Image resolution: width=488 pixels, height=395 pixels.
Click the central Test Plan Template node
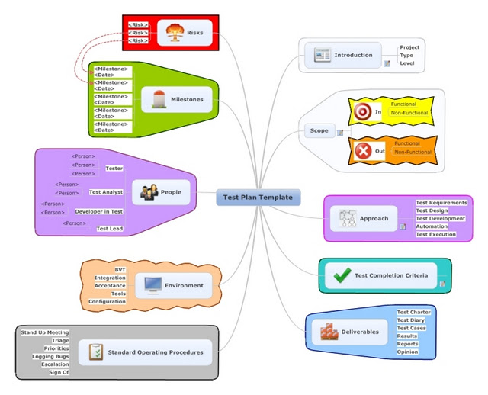[x=258, y=197]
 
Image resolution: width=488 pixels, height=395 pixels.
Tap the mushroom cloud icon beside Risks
[x=175, y=33]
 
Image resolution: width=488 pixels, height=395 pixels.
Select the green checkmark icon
[x=342, y=275]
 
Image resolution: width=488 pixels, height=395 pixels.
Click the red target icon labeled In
[x=362, y=112]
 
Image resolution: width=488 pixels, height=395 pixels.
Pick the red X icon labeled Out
[x=362, y=151]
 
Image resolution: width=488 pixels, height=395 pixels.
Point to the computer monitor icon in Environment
[x=152, y=286]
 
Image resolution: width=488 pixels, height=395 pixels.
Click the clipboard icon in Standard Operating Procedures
[x=95, y=352]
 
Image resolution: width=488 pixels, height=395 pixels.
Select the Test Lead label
[x=109, y=229]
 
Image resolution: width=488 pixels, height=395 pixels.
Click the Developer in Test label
[x=99, y=211]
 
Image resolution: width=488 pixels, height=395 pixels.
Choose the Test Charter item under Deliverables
[x=413, y=312]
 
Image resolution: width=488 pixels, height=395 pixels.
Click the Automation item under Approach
[x=432, y=226]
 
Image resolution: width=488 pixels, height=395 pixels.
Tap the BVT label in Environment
[x=120, y=270]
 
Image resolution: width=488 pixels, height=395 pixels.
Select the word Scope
[x=319, y=130]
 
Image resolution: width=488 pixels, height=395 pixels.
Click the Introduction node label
[x=353, y=55]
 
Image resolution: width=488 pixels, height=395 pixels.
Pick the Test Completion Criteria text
[x=391, y=275]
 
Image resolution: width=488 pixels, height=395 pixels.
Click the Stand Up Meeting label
[x=44, y=332]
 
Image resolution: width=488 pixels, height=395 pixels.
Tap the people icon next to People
[x=149, y=192]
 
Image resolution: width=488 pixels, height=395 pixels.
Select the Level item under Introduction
[x=407, y=63]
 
